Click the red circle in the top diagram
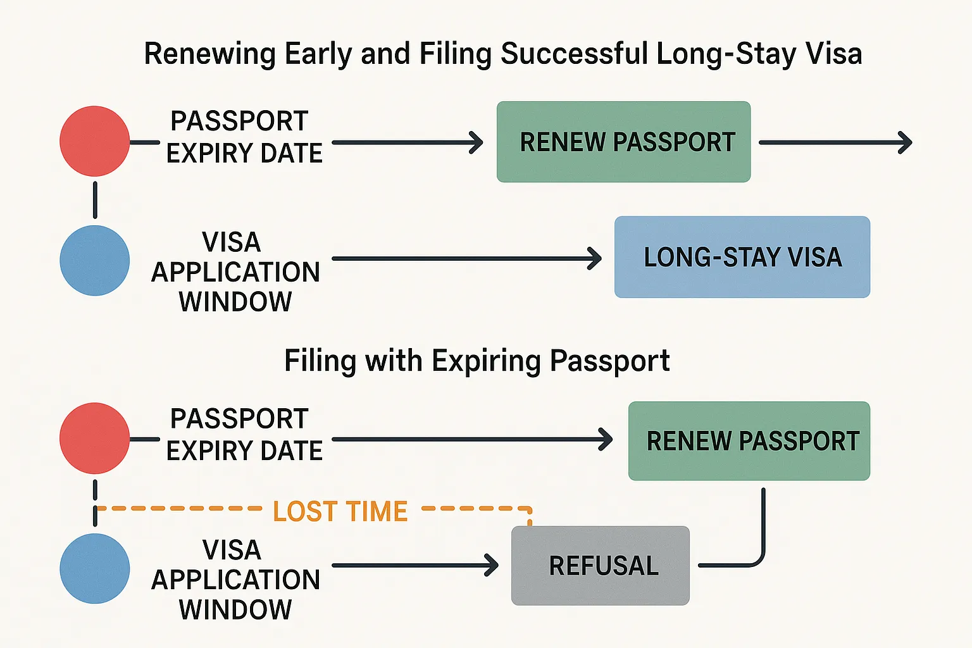tap(95, 141)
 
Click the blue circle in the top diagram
tap(95, 261)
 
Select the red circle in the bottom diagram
tap(95, 438)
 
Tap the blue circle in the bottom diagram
tap(95, 568)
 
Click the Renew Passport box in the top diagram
tap(623, 142)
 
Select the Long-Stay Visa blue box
tap(742, 257)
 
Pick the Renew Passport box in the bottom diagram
tap(749, 440)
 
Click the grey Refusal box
tap(601, 566)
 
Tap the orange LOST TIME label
tap(340, 511)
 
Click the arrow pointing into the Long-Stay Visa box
tap(466, 258)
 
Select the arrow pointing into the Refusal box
tap(414, 565)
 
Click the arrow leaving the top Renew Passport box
tap(835, 142)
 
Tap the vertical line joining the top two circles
tap(95, 200)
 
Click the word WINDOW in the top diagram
tap(235, 302)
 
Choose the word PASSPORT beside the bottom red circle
tap(239, 419)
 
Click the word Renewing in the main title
tap(210, 54)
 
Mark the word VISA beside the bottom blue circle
tap(232, 550)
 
